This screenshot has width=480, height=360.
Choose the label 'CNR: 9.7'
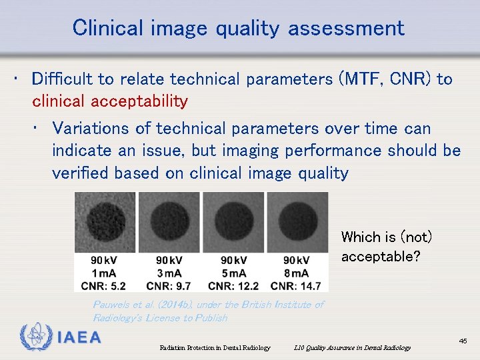pyautogui.click(x=169, y=286)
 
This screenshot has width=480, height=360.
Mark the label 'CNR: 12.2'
pyautogui.click(x=233, y=286)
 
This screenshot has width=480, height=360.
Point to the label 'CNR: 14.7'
pyautogui.click(x=296, y=286)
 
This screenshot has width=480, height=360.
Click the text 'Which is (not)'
pyautogui.click(x=387, y=237)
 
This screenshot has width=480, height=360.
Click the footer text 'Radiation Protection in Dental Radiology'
pyautogui.click(x=215, y=347)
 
